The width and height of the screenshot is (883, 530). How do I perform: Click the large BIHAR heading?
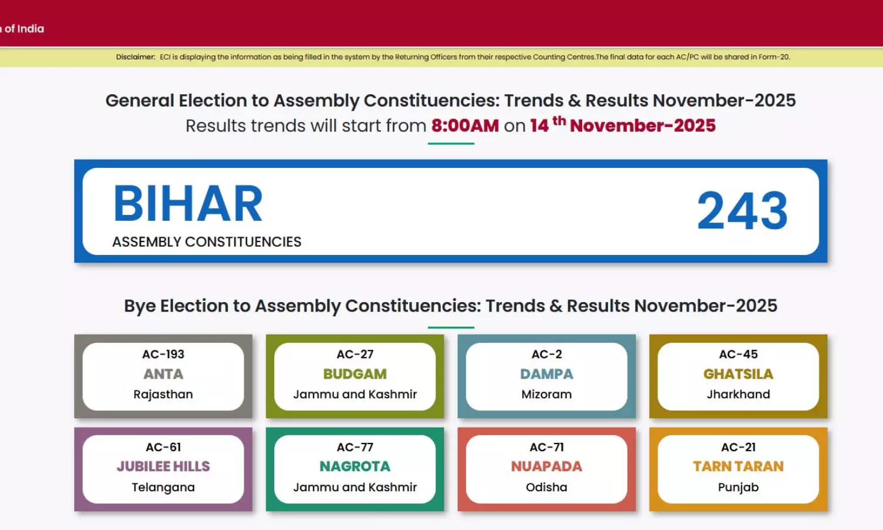tap(188, 204)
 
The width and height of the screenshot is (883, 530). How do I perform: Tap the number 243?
tap(742, 211)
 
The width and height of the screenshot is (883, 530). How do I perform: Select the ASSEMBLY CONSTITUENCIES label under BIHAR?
tap(207, 241)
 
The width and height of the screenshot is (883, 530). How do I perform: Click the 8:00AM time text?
tap(465, 126)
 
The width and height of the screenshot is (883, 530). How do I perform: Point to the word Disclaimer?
tap(135, 57)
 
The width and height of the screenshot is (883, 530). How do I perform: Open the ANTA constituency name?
tap(163, 374)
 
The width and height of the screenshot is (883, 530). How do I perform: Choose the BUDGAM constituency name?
tap(355, 374)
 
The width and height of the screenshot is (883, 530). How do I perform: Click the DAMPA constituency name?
tap(546, 374)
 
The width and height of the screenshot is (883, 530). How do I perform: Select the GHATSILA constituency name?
tap(738, 374)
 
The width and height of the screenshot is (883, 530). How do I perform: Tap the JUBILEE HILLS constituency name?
tap(163, 466)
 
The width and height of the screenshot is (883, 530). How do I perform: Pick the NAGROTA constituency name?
tap(355, 466)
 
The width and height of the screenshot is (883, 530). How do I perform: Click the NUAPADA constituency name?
tap(546, 466)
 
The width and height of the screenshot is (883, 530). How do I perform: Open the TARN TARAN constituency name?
tap(738, 466)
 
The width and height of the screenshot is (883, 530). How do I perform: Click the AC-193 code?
tap(163, 354)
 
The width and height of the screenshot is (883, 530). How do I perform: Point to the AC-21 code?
tap(738, 447)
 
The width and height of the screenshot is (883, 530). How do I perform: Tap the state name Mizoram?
tap(546, 395)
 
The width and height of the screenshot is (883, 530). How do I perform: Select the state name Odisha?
tap(546, 488)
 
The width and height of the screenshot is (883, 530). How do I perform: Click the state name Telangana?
tap(163, 488)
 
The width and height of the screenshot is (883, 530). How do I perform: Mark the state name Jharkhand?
tap(738, 395)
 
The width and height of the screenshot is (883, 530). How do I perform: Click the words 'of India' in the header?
tap(24, 29)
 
